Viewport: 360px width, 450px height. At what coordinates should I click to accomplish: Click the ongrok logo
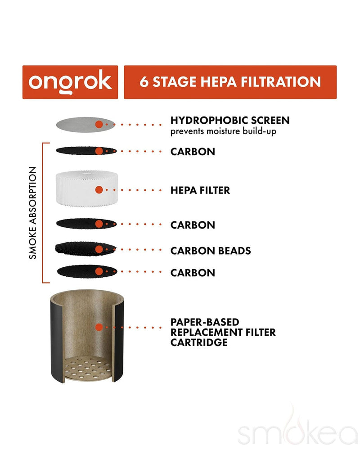tap(70, 82)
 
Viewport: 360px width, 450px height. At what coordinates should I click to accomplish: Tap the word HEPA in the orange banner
tap(219, 82)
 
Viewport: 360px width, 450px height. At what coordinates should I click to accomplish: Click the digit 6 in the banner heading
tap(144, 82)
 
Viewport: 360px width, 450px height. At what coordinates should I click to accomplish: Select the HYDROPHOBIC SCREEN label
tap(230, 120)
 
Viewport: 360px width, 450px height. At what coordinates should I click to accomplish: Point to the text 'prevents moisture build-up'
tap(223, 131)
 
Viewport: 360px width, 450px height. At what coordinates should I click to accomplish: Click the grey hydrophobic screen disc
tap(85, 125)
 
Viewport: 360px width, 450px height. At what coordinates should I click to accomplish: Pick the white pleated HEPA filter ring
tap(87, 188)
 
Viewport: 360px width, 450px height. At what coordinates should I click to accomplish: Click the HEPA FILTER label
tap(200, 190)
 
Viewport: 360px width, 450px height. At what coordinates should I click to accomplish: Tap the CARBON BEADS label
tap(211, 251)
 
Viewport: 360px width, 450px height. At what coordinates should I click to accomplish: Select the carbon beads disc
tap(86, 249)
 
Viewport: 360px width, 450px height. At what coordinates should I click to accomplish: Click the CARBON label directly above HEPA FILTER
tap(193, 152)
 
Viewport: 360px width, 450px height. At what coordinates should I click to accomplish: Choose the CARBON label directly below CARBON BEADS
tap(193, 273)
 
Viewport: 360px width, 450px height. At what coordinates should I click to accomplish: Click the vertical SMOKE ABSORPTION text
tap(33, 213)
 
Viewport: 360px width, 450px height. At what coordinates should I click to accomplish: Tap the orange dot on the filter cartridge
tap(99, 327)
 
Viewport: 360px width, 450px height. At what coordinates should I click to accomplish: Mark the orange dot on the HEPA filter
tap(99, 190)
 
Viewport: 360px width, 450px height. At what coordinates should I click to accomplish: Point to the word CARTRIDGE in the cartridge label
tap(199, 342)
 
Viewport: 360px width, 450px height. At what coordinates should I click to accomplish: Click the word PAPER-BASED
tap(205, 322)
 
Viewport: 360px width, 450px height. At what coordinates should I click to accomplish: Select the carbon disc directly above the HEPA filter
tap(86, 151)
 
